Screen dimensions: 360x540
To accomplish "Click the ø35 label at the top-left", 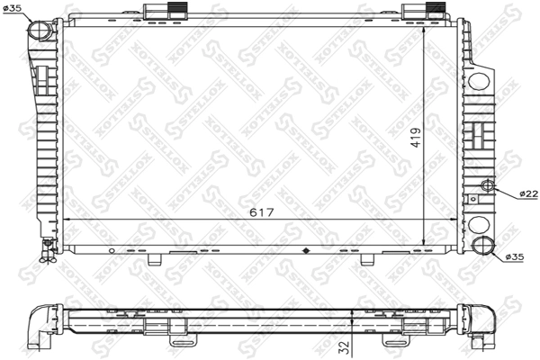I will tap(13, 8).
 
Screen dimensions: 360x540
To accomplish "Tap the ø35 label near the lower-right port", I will tap(514, 256).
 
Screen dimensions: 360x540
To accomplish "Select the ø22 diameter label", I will tap(527, 193).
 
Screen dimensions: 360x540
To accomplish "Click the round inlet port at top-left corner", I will tap(41, 30).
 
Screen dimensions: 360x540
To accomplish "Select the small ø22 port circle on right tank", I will tap(489, 186).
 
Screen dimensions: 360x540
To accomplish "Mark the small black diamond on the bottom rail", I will tap(306, 250).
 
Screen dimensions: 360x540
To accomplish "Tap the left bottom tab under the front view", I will tap(155, 259).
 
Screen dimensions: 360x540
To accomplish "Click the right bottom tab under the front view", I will tap(366, 259).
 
